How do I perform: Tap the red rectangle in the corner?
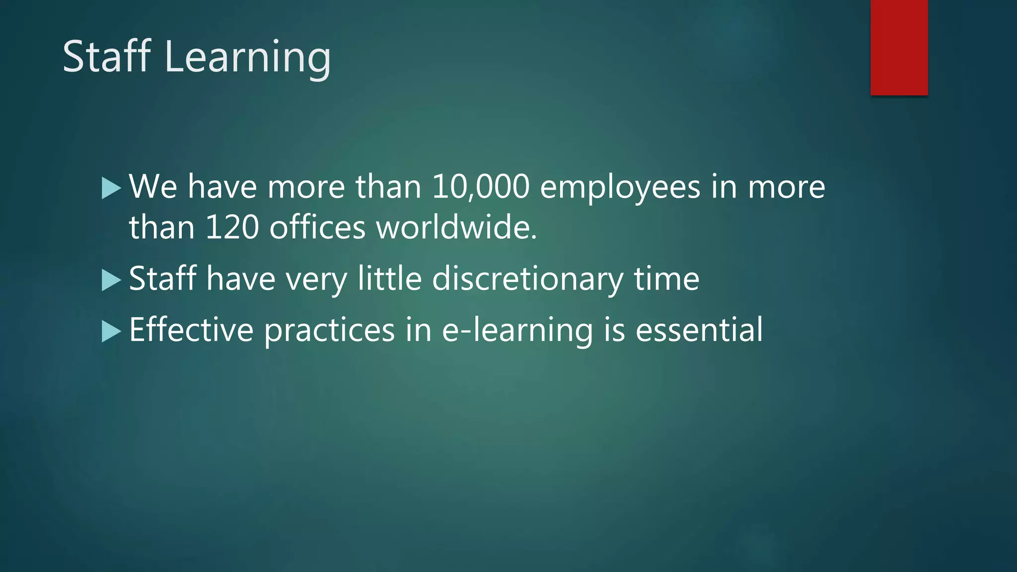[x=899, y=47]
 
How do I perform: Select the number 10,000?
[x=480, y=187]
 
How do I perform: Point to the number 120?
[x=232, y=227]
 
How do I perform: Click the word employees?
[x=620, y=188]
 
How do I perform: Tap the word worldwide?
[x=456, y=227]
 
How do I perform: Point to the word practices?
[x=329, y=330]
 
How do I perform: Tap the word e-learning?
[x=517, y=330]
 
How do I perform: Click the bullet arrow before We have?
[x=111, y=188]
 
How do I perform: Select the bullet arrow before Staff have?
[x=111, y=280]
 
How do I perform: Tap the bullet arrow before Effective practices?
[x=111, y=331]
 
